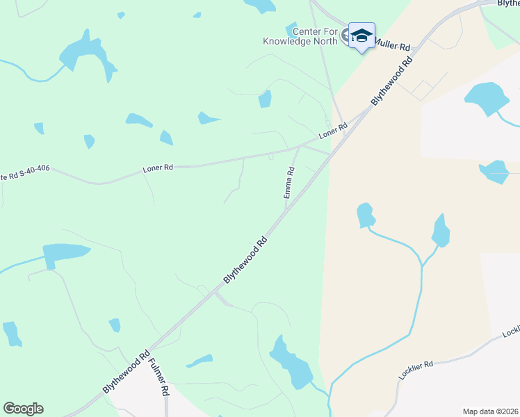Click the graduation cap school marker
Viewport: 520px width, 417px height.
pyautogui.click(x=361, y=35)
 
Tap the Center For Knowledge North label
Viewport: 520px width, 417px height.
pyautogui.click(x=300, y=36)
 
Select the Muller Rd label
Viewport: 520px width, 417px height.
pyautogui.click(x=393, y=44)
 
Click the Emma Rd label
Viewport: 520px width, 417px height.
pyautogui.click(x=289, y=182)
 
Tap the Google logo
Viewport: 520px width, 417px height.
pyautogui.click(x=23, y=409)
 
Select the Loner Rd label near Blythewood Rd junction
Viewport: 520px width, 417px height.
pyautogui.click(x=333, y=130)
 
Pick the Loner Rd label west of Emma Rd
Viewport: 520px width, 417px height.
pyautogui.click(x=157, y=167)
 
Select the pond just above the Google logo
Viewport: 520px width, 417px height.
pyautogui.click(x=12, y=333)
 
